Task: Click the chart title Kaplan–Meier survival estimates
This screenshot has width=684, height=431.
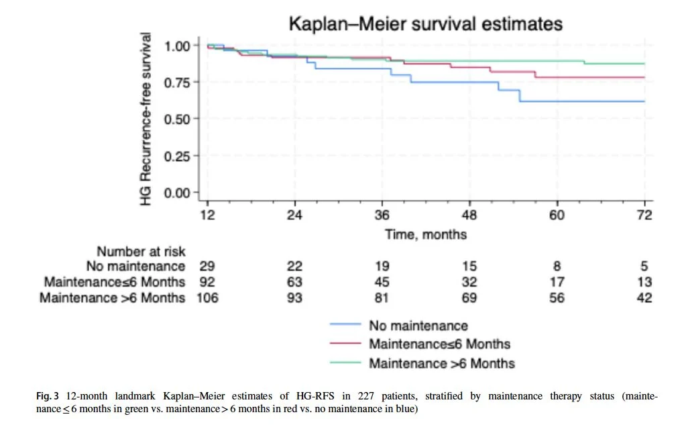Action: point(425,24)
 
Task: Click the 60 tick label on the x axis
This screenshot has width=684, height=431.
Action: point(557,215)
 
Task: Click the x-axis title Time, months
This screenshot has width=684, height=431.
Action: point(426,234)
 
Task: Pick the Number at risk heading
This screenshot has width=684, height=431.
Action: point(141,252)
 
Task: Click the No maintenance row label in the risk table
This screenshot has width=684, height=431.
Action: point(135,267)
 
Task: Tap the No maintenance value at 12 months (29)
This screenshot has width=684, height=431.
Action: point(209,267)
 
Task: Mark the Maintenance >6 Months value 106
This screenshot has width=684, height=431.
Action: point(209,297)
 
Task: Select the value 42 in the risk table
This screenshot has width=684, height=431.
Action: point(644,297)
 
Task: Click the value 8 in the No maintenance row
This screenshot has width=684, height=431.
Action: point(557,267)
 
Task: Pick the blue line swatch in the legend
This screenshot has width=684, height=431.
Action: point(347,326)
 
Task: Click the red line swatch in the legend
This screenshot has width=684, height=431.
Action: point(347,344)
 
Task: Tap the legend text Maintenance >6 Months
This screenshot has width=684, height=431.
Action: point(441,363)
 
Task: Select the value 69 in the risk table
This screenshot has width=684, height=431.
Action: point(469,297)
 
